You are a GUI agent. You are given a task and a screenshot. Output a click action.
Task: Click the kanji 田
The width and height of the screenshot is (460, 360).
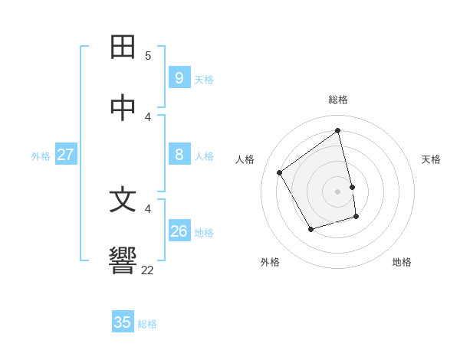pos(123,47)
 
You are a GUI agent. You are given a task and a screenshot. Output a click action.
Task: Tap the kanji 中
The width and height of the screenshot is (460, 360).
pos(123,108)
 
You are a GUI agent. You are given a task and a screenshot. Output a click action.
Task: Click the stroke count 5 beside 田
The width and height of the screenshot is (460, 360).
pos(148,56)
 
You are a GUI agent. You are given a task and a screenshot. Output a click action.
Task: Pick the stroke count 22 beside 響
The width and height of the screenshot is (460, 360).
pos(148,270)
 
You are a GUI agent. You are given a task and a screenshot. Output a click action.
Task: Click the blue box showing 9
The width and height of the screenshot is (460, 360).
pos(179,77)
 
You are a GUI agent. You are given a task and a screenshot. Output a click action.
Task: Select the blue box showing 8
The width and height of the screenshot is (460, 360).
pos(179,155)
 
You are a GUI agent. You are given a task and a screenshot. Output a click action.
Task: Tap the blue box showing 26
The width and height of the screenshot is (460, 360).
pos(179,231)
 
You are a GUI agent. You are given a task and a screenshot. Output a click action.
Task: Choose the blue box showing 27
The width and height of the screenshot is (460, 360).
pos(65,155)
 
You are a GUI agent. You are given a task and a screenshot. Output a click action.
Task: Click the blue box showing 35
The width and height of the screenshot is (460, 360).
pos(123,322)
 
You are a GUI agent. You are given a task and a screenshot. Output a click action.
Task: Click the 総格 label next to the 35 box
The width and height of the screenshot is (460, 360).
pos(147,324)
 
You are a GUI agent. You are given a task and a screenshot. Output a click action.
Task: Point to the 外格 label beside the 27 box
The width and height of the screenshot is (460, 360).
pos(41,156)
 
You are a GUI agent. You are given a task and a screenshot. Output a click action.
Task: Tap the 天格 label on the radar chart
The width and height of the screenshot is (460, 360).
pos(431,159)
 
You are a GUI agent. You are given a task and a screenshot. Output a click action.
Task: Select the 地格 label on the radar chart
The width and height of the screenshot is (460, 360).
pos(402,262)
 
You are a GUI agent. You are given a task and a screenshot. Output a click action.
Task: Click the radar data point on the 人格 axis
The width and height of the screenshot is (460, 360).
pos(280,172)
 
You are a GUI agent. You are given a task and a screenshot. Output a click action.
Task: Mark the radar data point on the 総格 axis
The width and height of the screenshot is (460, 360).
pos(338,131)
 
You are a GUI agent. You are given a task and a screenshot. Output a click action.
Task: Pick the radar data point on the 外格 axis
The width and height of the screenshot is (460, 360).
pos(310,229)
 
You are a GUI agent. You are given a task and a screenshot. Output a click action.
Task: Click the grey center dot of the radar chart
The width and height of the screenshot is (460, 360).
pos(338,191)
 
